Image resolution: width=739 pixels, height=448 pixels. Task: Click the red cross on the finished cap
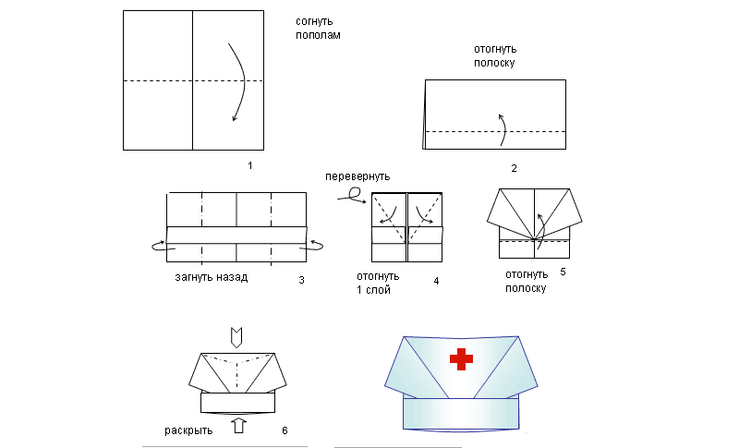point(460,359)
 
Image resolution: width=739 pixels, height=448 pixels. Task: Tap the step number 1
point(249,165)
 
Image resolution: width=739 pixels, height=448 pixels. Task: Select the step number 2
point(514,168)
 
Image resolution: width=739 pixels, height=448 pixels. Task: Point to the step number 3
point(301,278)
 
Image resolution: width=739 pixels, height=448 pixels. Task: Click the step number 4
point(436,278)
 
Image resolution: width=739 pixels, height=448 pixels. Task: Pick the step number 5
point(563,272)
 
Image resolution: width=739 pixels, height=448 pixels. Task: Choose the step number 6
point(285,430)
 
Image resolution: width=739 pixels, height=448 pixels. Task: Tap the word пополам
point(318,36)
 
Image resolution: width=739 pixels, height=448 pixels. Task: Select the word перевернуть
point(357,176)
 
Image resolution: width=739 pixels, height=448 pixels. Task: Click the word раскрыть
point(188,430)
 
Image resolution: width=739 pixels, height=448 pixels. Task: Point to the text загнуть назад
point(211,277)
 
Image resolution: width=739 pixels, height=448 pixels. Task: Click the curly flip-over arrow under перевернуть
point(351,193)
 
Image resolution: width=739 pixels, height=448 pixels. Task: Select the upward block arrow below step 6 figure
point(238,426)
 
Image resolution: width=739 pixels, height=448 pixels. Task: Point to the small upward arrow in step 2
point(502,128)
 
